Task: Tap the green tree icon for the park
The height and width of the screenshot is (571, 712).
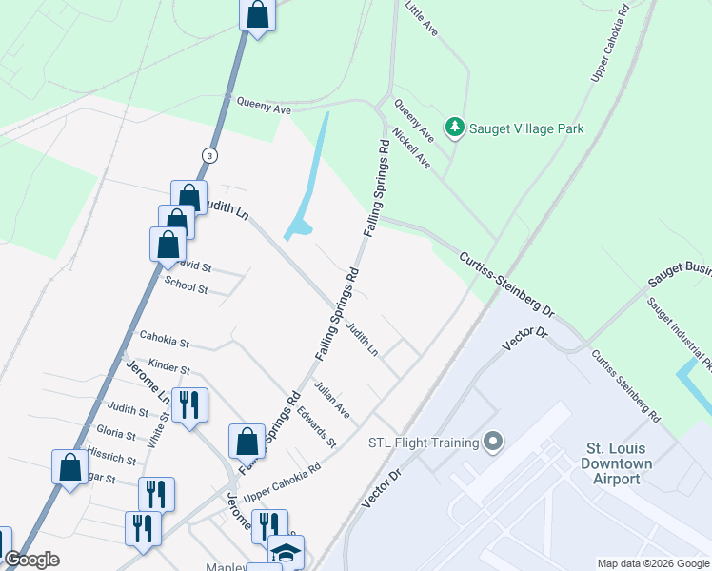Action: pos(456,128)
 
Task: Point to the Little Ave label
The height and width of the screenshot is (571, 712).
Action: pos(421,20)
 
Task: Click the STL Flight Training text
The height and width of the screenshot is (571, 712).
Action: pos(423,443)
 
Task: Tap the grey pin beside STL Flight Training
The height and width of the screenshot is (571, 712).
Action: pos(492,442)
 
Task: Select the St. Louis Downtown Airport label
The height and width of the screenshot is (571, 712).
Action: pos(619,463)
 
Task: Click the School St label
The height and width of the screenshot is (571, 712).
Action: pos(186,285)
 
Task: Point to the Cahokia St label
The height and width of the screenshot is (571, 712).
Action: pos(165,338)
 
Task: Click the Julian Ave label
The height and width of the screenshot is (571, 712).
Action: pos(332,401)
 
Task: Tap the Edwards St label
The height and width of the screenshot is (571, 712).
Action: pos(316,429)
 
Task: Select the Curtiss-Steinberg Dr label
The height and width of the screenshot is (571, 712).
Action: pos(506,284)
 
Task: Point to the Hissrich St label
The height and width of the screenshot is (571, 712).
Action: pos(111,458)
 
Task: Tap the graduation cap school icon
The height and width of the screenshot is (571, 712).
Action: pos(286,552)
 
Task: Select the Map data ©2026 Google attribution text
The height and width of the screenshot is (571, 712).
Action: pos(652,563)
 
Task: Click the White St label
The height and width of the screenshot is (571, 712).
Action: pos(163,428)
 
